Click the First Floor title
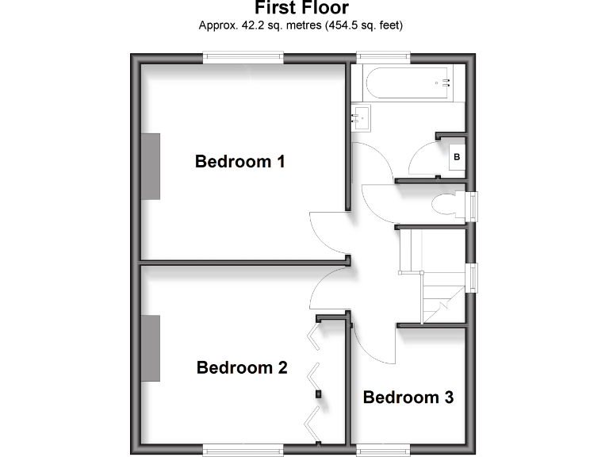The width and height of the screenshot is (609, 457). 301,9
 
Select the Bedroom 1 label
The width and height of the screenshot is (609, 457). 240,162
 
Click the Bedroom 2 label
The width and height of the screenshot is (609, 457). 242,368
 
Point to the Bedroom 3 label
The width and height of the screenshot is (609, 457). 408,397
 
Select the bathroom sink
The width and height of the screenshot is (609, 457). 361,118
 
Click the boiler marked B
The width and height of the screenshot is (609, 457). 456,157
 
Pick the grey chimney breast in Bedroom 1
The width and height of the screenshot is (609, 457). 151,167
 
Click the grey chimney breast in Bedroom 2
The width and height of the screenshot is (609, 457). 151,348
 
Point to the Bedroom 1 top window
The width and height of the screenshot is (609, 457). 243,57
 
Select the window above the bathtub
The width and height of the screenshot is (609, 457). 383,57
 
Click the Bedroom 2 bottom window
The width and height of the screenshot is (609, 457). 243,450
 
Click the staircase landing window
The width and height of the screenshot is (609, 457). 473,278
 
